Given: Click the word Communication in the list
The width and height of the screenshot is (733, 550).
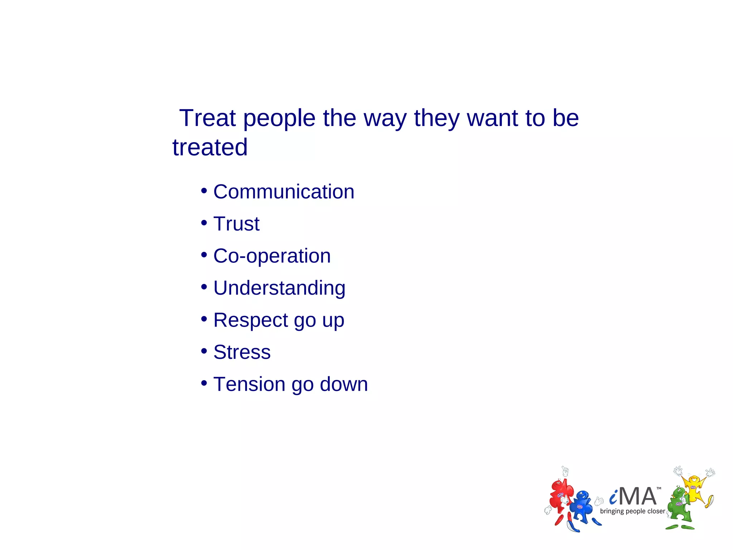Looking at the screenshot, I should [x=283, y=192].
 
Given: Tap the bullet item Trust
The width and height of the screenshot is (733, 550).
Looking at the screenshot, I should [x=236, y=224].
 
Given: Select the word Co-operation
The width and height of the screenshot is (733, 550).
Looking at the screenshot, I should [x=272, y=256].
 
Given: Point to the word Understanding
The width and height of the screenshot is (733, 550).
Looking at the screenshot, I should [x=279, y=288].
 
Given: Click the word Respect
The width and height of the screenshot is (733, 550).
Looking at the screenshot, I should [x=251, y=320].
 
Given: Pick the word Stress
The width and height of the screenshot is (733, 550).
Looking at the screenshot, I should [x=242, y=352].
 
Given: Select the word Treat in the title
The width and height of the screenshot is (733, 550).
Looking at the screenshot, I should [x=208, y=118].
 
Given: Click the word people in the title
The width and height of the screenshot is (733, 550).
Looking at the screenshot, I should [x=279, y=119].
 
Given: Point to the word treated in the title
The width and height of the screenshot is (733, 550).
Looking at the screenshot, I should [x=210, y=147].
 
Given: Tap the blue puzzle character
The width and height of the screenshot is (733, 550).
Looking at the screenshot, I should [x=582, y=508].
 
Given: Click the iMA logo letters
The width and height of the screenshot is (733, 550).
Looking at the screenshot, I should [x=633, y=497].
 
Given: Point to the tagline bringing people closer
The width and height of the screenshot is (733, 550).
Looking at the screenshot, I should [x=632, y=511].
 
